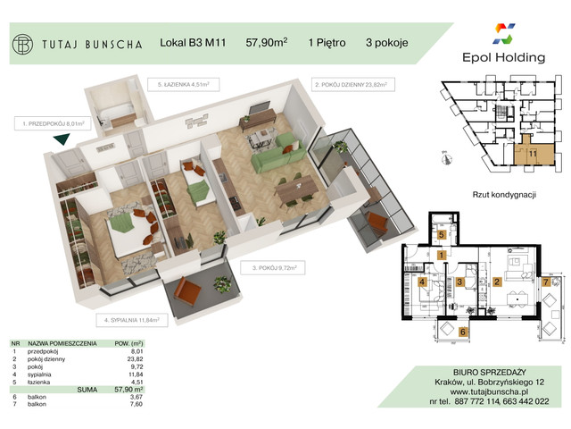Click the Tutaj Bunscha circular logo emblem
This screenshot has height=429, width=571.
(x=25, y=43)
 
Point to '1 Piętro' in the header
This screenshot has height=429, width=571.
(x=328, y=42)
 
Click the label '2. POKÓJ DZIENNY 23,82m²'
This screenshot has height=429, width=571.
(x=354, y=86)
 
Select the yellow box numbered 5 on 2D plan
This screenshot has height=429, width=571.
(x=442, y=234)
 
